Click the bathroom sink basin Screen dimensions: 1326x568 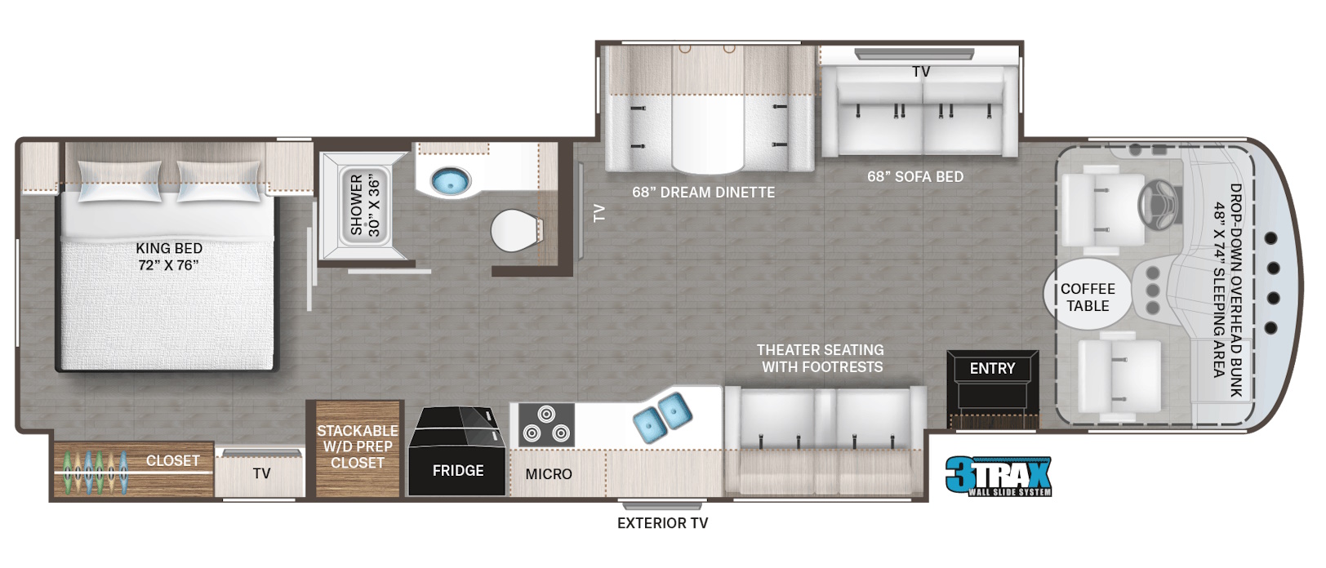click(x=451, y=181)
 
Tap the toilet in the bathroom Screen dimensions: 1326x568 click(x=516, y=231)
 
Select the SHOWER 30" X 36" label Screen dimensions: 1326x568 click(x=365, y=205)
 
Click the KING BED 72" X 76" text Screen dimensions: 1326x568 click(x=169, y=257)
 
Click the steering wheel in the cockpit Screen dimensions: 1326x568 click(x=1157, y=205)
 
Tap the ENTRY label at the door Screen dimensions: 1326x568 click(x=992, y=369)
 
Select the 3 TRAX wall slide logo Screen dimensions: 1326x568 click(x=998, y=476)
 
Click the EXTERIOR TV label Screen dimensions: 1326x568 click(x=662, y=523)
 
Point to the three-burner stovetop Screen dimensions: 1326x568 click(x=545, y=425)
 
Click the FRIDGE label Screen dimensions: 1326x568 click(x=457, y=470)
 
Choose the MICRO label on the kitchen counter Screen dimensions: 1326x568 click(x=549, y=474)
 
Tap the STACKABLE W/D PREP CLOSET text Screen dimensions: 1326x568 click(x=358, y=446)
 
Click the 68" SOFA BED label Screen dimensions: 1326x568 click(x=915, y=176)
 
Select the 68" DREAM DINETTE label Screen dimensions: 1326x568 click(x=703, y=193)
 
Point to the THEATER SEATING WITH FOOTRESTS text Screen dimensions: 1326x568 click(x=821, y=358)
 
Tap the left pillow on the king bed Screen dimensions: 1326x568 click(x=120, y=181)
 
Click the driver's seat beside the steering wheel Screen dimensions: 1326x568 click(x=1101, y=210)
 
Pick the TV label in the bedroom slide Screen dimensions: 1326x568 click(x=261, y=473)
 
